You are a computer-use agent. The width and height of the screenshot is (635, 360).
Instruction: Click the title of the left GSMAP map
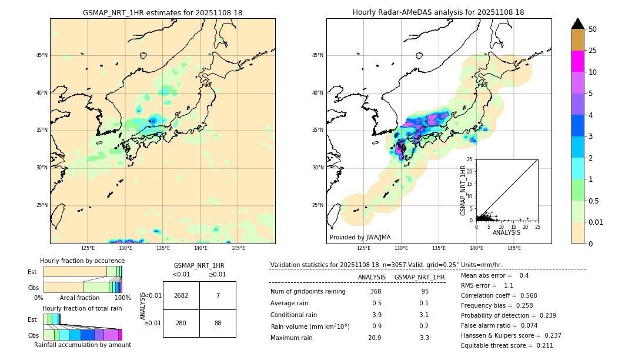162,12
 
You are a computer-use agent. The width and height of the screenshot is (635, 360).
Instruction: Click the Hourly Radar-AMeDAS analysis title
439,12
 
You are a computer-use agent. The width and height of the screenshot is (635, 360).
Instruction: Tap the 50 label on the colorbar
593,29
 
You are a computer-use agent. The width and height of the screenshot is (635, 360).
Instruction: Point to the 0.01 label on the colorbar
595,222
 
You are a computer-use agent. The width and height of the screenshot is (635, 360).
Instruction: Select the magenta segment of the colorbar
578,62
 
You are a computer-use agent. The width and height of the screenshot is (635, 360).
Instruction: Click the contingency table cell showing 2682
181,295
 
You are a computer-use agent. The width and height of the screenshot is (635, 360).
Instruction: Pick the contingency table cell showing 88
218,323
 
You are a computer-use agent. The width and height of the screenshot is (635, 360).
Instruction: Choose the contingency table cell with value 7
218,295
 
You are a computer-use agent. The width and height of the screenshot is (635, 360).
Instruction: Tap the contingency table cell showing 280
181,323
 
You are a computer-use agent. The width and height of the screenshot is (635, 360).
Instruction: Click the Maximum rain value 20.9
375,338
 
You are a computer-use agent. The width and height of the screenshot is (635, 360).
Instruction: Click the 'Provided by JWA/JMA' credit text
360,237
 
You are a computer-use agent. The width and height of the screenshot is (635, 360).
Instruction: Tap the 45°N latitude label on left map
42,55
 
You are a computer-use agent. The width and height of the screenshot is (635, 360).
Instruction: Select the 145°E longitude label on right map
514,248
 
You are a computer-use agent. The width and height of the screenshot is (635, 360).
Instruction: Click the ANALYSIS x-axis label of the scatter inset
506,232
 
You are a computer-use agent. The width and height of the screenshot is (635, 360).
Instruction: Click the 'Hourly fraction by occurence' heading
82,261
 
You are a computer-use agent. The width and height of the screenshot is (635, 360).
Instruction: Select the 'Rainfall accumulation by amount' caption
82,345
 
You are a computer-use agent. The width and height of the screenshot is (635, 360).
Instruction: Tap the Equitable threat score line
507,346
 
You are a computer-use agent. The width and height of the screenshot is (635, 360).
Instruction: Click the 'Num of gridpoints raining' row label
308,291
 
